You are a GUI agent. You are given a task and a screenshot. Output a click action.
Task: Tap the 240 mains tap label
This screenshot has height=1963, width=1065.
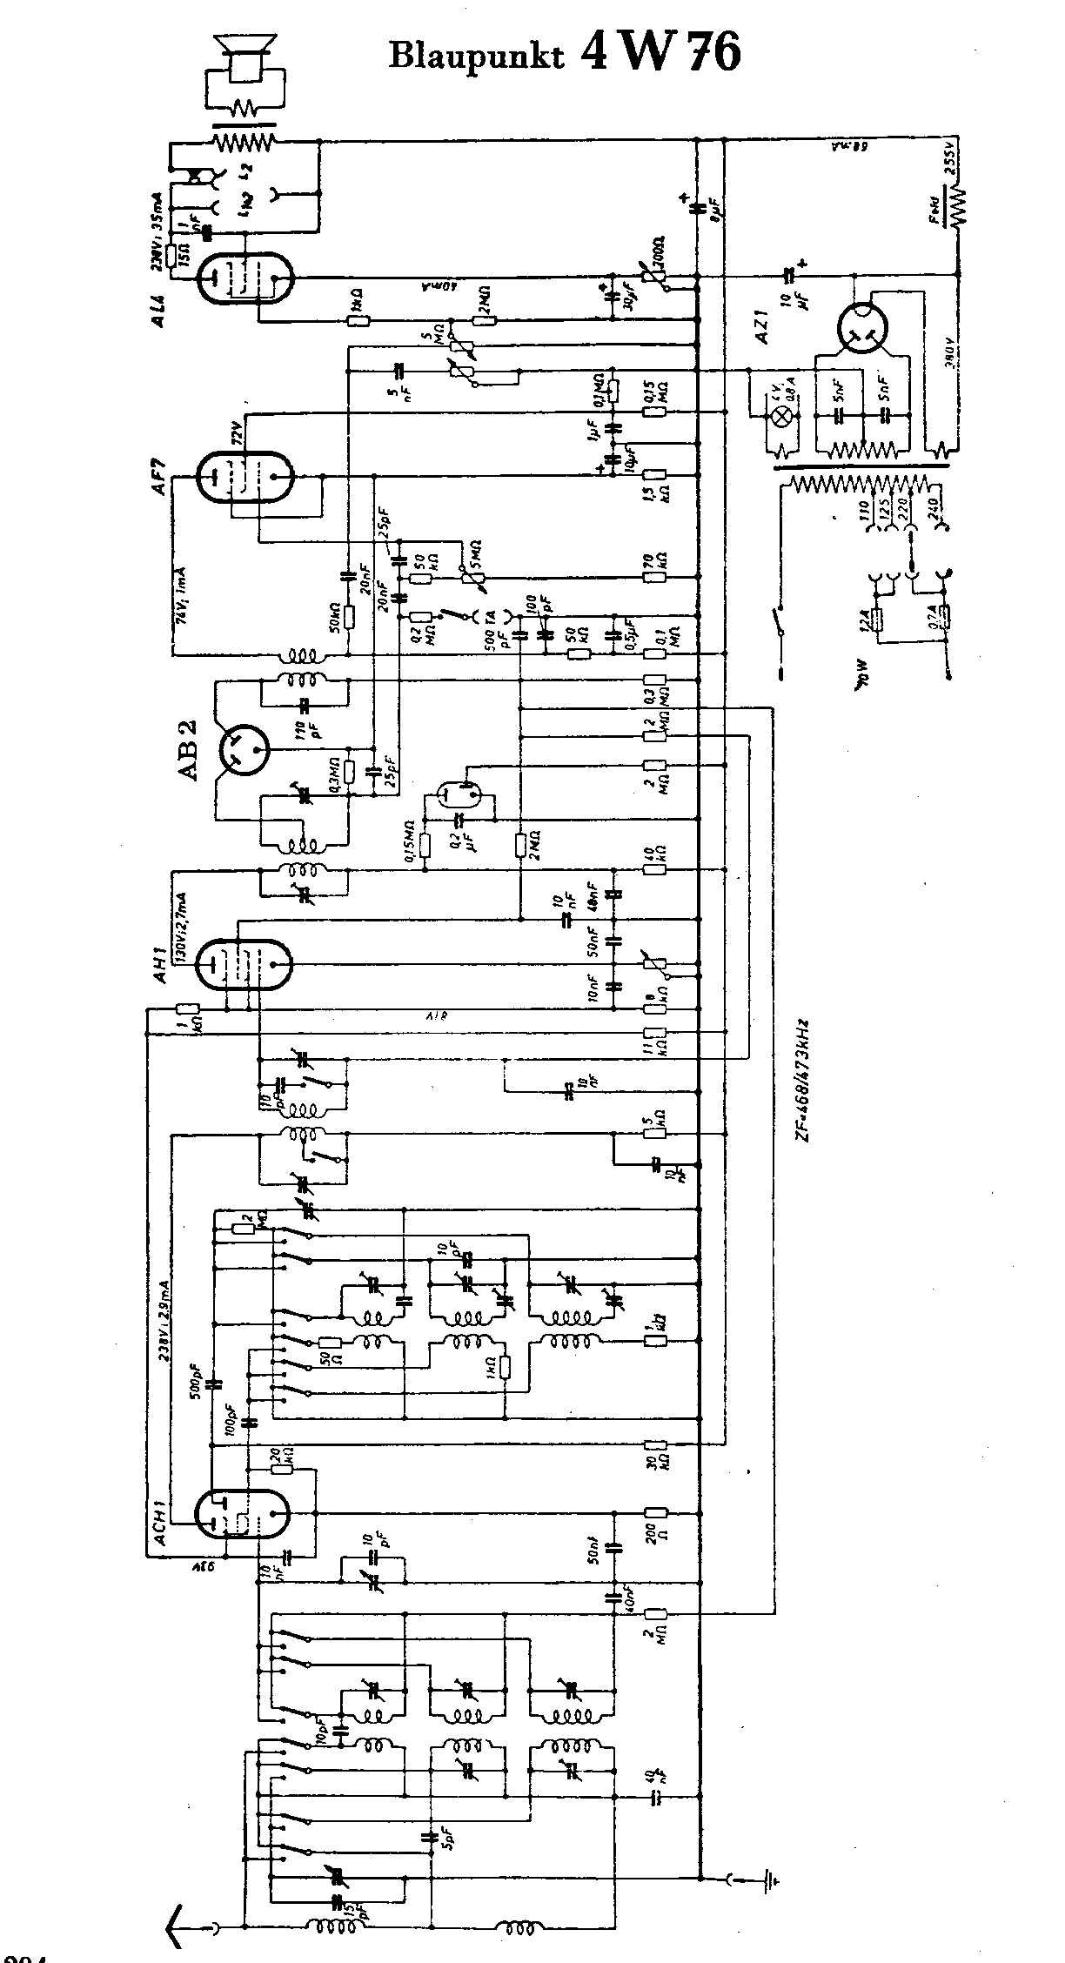[x=936, y=519]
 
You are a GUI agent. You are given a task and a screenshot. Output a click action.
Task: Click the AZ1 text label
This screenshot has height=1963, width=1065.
[x=763, y=329]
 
